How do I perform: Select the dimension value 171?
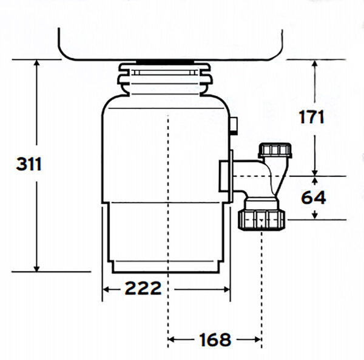311,117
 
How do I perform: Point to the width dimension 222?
143,288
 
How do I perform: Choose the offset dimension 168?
215,339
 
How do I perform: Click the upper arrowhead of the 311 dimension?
37,63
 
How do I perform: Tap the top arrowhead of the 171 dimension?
315,63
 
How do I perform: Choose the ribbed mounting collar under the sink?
167,79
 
